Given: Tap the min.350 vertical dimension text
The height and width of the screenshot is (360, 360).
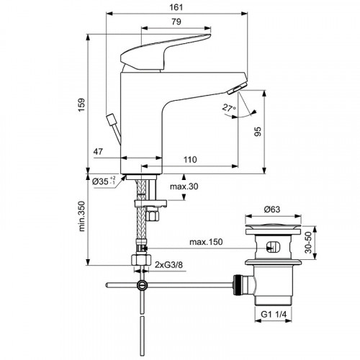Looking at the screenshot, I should click(81, 224).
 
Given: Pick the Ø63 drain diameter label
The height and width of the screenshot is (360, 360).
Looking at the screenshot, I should click(271, 210).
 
